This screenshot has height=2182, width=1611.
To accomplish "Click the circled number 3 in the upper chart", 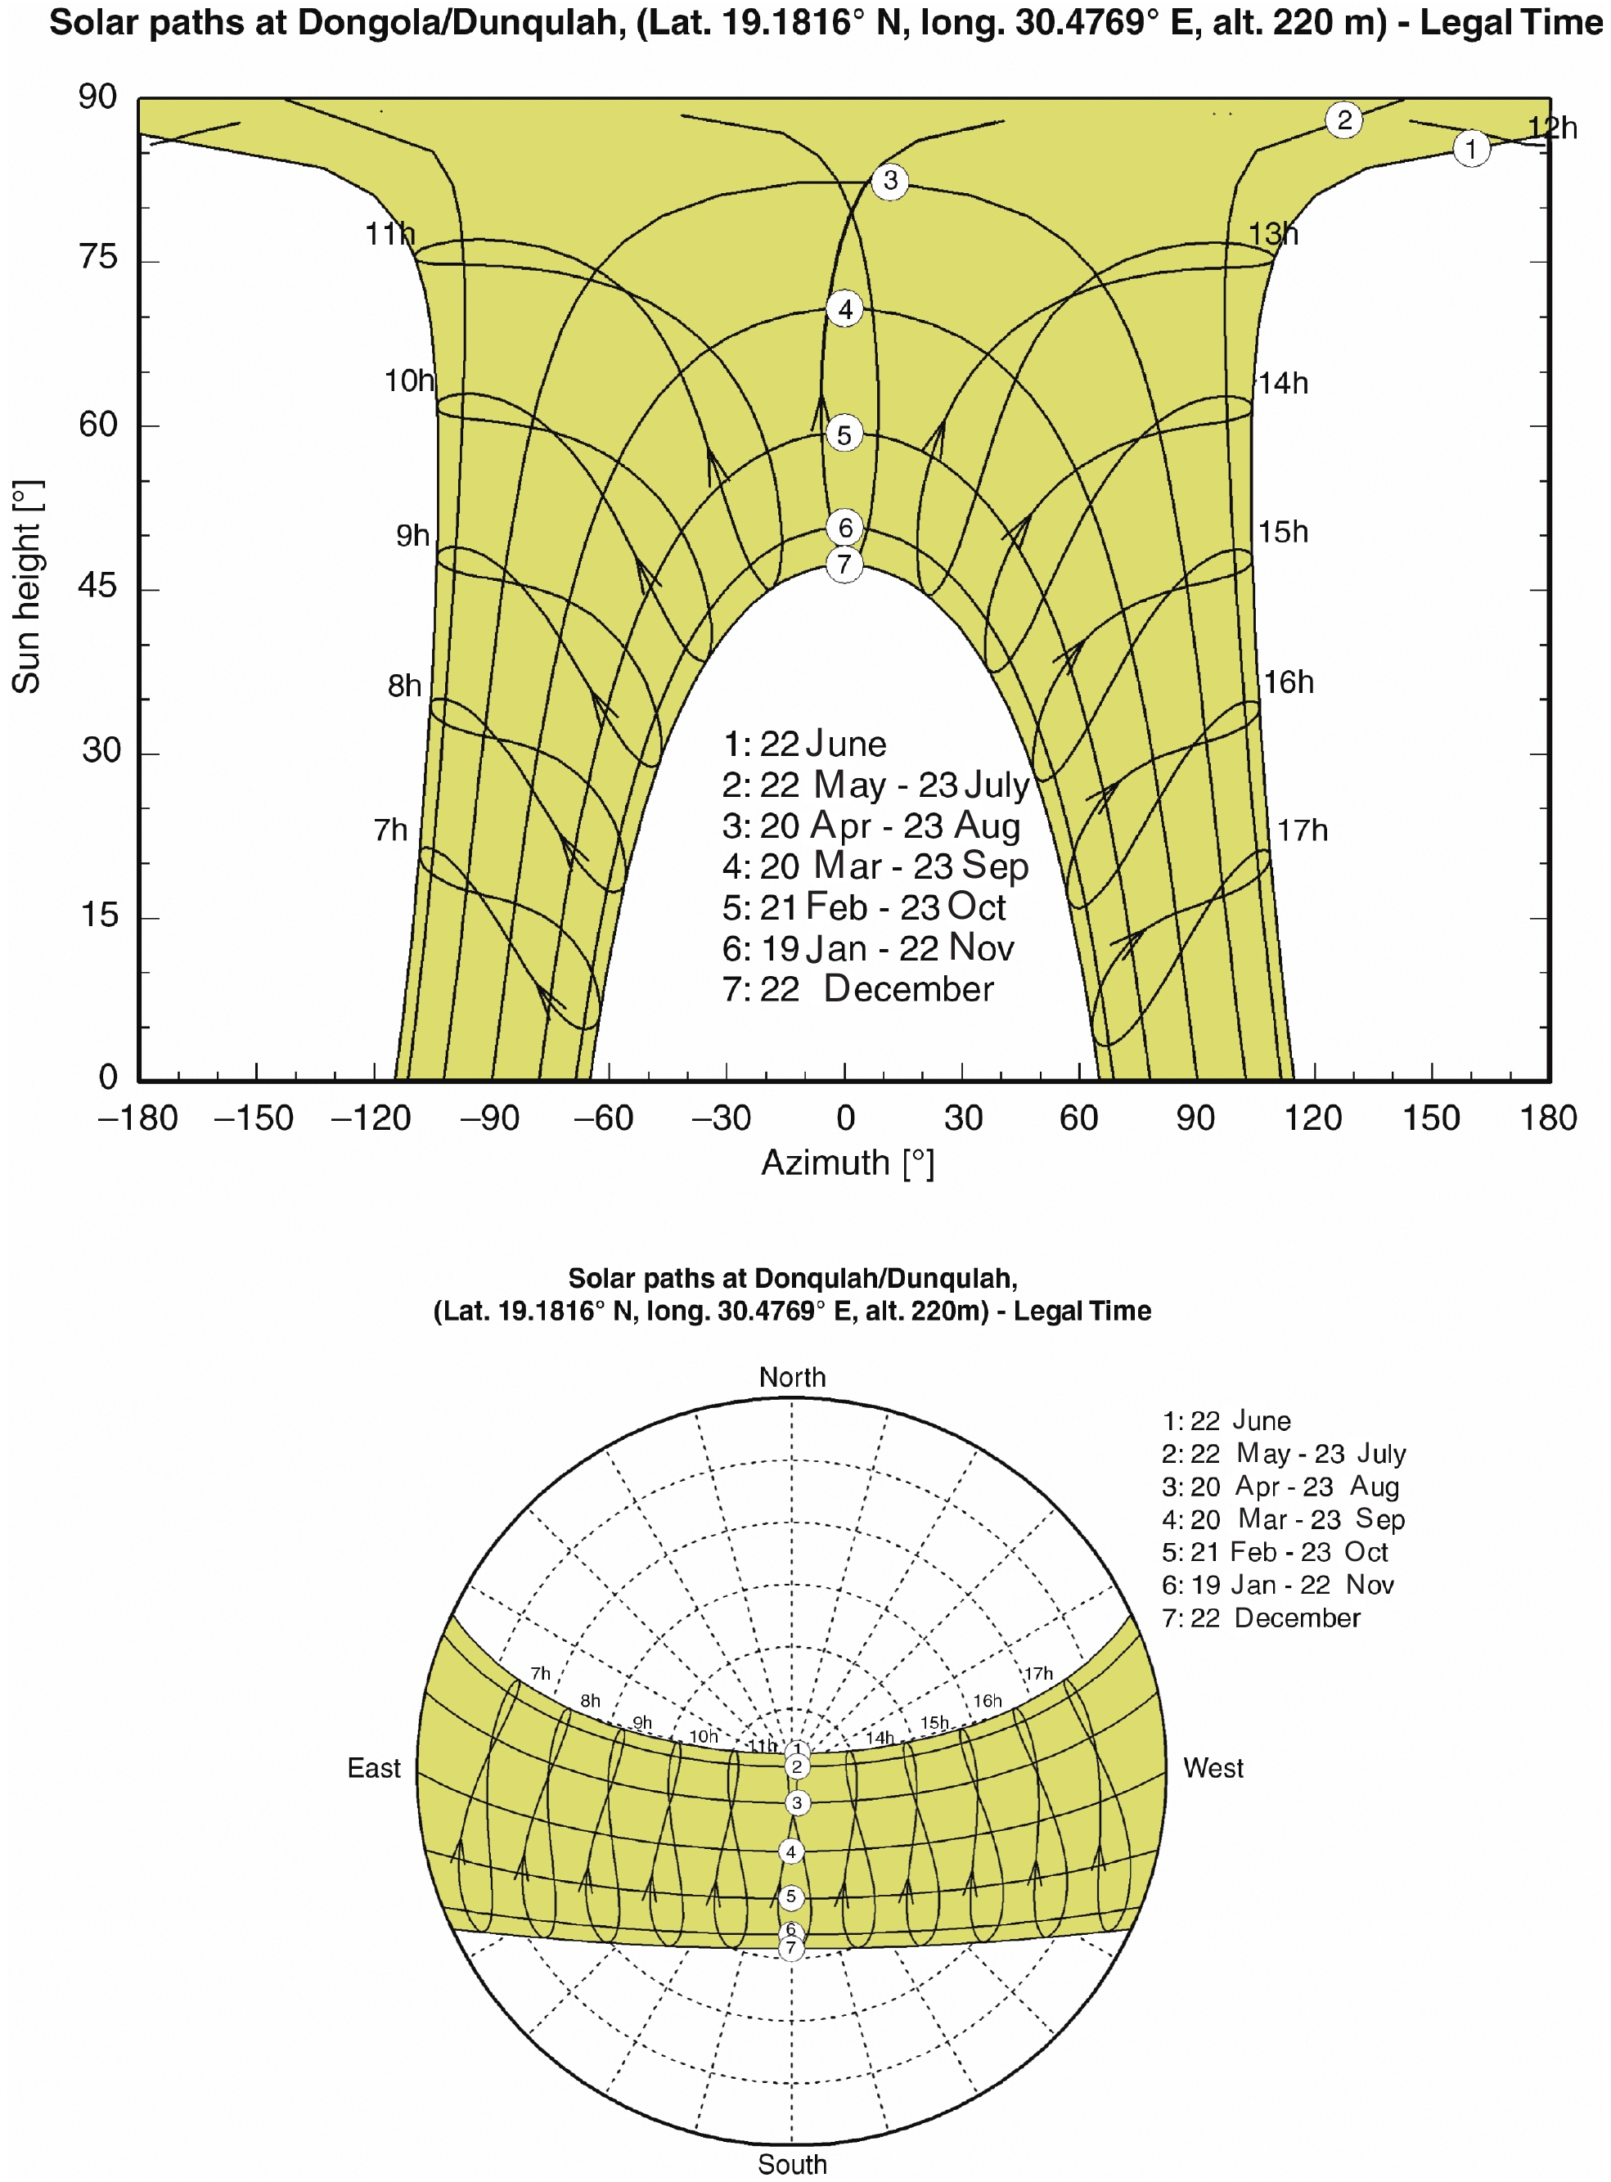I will (889, 180).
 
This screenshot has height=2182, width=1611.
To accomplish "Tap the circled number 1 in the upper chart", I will (1470, 148).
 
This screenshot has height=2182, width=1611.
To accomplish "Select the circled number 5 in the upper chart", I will (844, 434).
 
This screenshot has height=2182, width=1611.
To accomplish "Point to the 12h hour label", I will (1551, 128).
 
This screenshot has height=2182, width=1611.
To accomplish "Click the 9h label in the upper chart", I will (412, 535).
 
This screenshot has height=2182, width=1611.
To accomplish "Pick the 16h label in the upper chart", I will (1288, 682).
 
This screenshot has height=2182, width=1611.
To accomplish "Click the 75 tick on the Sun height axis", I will (97, 259).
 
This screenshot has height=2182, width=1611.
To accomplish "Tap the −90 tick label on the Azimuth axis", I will (488, 1118).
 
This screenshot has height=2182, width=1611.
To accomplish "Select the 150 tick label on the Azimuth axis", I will (1431, 1118).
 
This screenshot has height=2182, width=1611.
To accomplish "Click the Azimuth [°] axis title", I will (848, 1163).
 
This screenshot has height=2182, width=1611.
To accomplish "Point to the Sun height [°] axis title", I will (26, 587).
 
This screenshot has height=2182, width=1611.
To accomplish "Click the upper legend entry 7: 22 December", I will (857, 988).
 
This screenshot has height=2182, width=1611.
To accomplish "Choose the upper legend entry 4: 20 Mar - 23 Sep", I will (875, 866).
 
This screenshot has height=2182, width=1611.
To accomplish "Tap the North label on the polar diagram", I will (792, 1377).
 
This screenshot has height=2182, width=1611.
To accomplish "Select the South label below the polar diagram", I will (792, 2163).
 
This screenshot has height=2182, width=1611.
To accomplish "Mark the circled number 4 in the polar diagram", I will (791, 1851).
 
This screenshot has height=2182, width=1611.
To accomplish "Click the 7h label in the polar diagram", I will (540, 1674).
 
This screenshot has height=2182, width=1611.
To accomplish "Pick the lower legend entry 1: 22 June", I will (1226, 1420).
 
